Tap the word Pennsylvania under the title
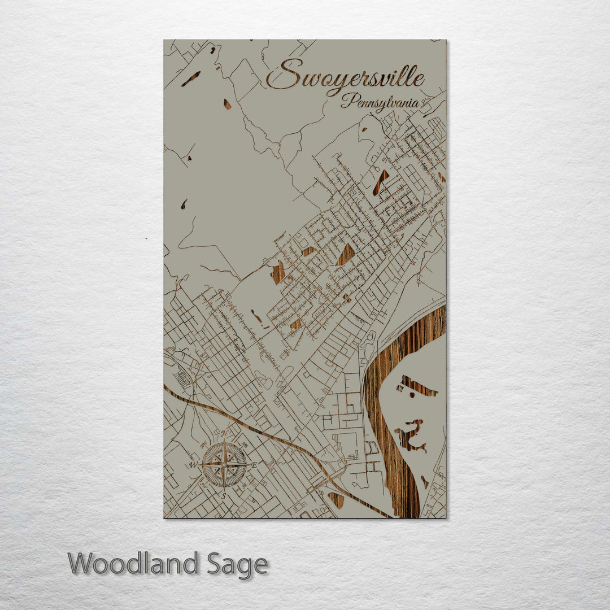380,102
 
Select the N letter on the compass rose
224,434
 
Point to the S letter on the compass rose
224,496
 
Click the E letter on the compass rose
255,465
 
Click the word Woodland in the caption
133,564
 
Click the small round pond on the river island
424,481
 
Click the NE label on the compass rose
244,445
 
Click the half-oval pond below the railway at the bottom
337,499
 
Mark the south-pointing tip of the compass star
224,488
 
